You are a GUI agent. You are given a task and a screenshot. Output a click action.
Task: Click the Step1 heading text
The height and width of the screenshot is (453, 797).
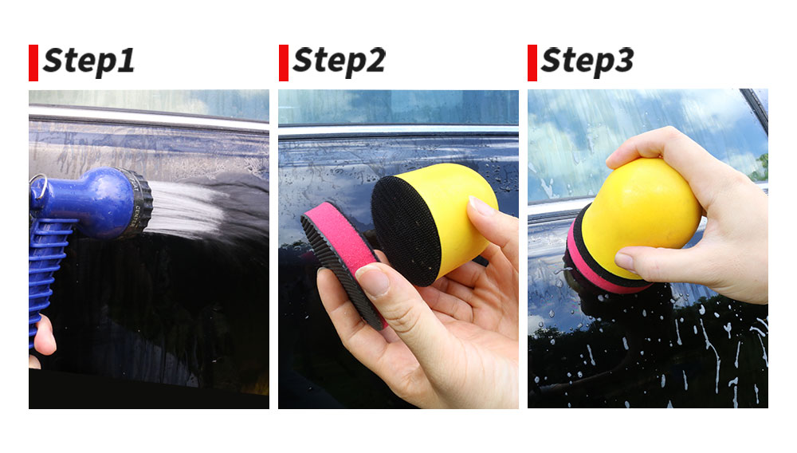pyautogui.click(x=89, y=61)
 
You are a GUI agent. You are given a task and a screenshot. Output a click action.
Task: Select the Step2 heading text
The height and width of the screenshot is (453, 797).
pyautogui.click(x=339, y=61)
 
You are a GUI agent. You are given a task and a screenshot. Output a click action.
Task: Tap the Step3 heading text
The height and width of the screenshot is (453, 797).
pyautogui.click(x=587, y=61)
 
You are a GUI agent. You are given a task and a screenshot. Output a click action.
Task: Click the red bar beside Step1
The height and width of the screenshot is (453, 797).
pyautogui.click(x=33, y=62)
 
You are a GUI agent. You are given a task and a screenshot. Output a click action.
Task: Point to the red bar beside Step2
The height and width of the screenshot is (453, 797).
pyautogui.click(x=284, y=62)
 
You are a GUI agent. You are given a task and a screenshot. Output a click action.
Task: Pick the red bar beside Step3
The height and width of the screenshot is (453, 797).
pyautogui.click(x=532, y=62)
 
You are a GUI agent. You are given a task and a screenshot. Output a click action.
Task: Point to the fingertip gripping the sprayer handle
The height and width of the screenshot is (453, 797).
pyautogui.click(x=44, y=336)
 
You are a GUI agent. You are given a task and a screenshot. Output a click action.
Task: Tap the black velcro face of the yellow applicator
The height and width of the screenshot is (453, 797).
pyautogui.click(x=405, y=230)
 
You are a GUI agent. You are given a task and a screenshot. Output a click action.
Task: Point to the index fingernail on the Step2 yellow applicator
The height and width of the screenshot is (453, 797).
pyautogui.click(x=481, y=206)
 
